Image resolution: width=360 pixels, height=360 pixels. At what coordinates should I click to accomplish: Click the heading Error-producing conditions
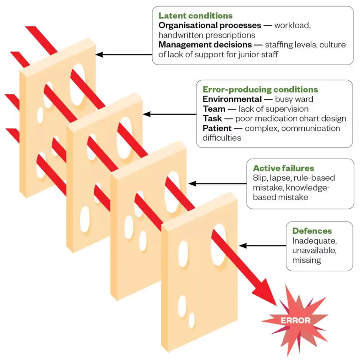tap(260, 89)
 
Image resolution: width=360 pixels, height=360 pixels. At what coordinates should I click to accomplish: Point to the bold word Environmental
tap(232, 99)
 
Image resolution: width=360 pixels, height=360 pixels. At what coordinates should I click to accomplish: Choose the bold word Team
tap(213, 109)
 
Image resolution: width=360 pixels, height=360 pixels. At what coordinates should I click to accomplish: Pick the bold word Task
tap(212, 118)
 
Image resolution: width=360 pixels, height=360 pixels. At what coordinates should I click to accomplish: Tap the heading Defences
tap(312, 231)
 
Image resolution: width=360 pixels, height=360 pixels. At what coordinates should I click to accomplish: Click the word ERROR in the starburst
tap(295, 321)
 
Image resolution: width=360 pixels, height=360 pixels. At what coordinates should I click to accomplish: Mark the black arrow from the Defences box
tap(262, 245)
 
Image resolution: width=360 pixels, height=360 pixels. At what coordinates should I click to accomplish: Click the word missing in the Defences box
tap(307, 260)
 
